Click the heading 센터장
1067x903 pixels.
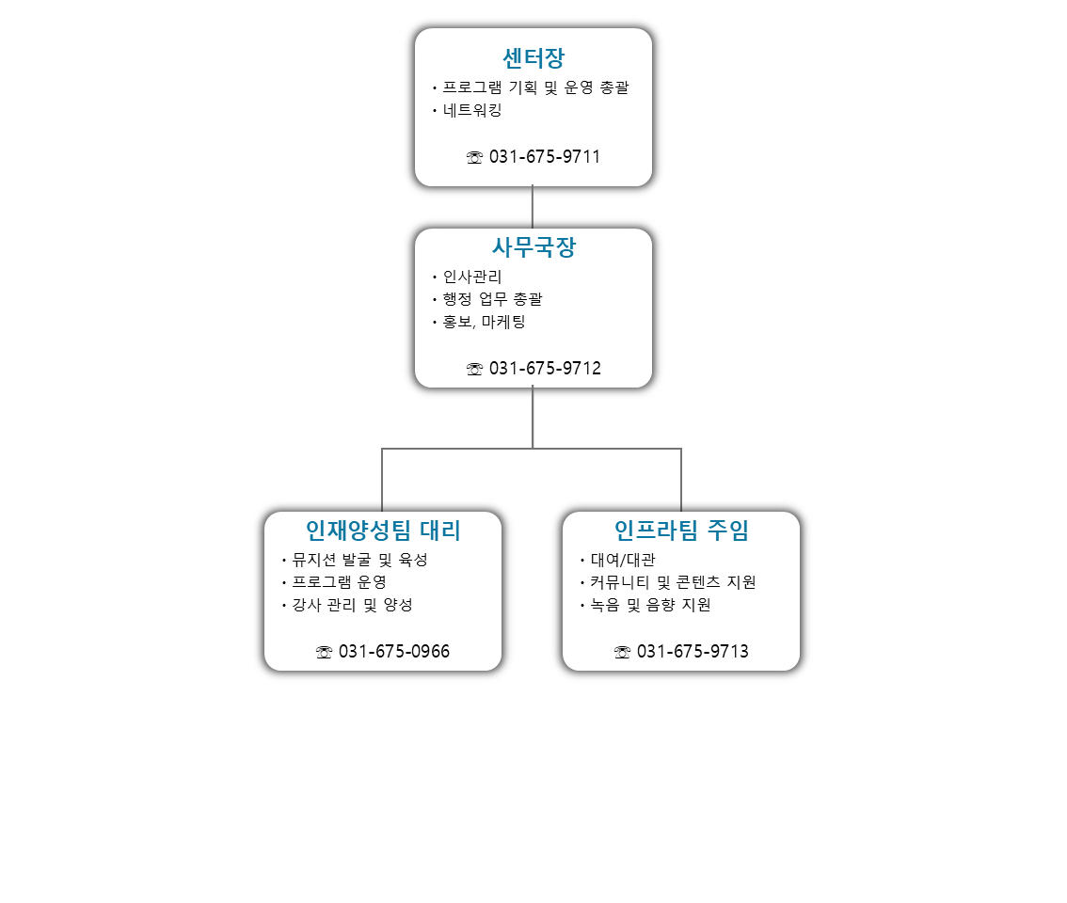click(533, 58)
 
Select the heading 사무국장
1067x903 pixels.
click(533, 247)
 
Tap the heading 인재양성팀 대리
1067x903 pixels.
click(383, 531)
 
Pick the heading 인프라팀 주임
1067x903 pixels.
click(681, 531)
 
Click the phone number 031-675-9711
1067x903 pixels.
click(545, 156)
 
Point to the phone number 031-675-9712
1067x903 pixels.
click(545, 368)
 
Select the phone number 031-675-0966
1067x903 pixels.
click(394, 651)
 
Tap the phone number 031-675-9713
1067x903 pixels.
click(693, 651)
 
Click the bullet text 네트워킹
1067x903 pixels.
click(472, 110)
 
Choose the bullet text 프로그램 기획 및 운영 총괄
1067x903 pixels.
click(535, 87)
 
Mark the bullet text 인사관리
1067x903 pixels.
click(472, 277)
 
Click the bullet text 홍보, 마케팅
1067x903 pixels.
click(484, 322)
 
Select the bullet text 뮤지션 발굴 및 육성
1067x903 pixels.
click(360, 560)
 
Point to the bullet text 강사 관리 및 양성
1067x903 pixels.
click(353, 605)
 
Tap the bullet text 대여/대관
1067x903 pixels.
click(623, 560)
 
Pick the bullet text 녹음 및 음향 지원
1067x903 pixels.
click(650, 605)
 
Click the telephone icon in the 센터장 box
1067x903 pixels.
click(474, 158)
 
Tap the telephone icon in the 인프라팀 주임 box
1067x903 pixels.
click(622, 653)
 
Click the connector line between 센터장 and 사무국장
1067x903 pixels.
click(533, 207)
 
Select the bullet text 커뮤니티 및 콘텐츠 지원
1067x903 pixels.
click(673, 582)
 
